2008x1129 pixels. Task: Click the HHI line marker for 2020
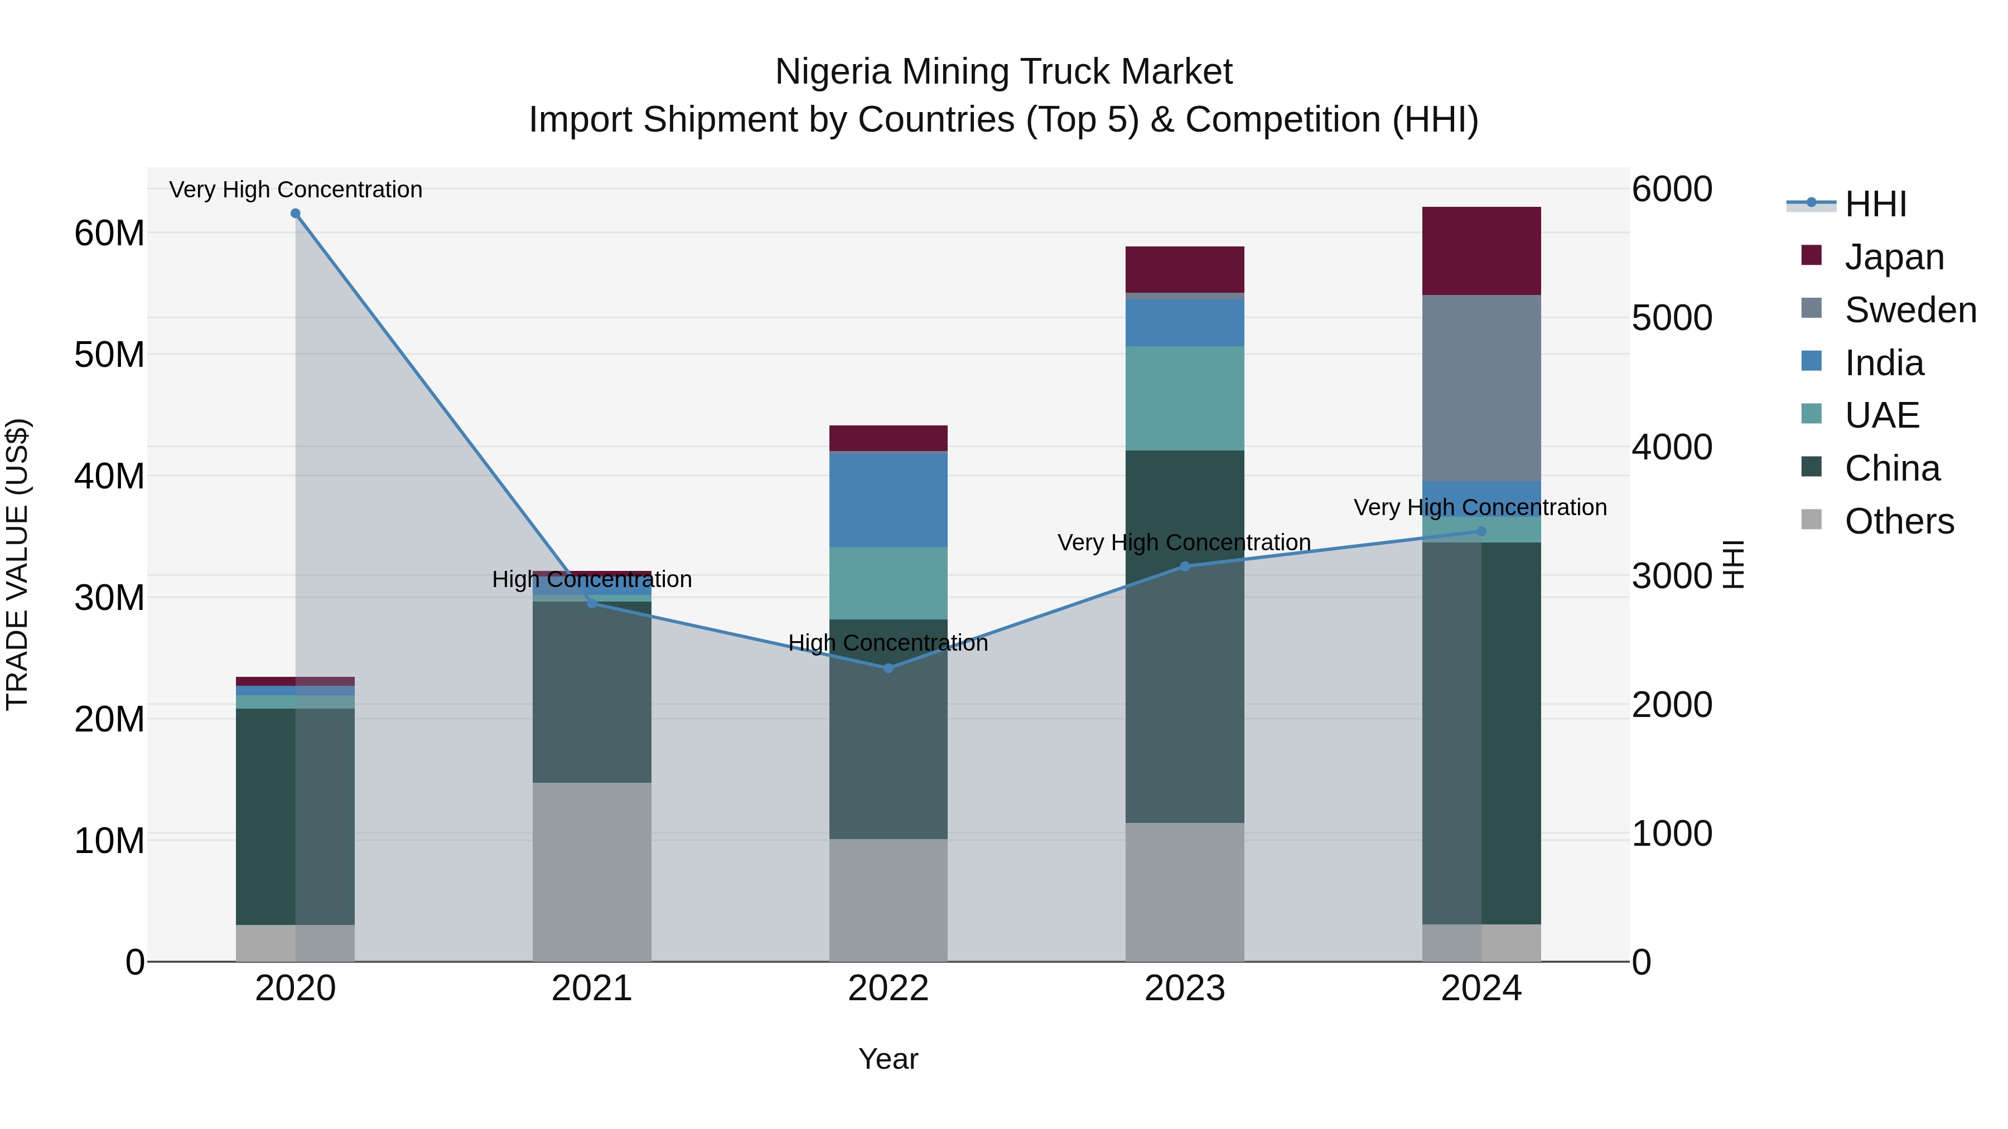[296, 214]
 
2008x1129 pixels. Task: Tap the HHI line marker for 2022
[888, 668]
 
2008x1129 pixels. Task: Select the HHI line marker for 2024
[1481, 531]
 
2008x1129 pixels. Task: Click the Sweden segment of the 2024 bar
[1481, 388]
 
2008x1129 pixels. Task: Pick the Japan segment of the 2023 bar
[1184, 270]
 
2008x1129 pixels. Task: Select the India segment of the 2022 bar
[888, 500]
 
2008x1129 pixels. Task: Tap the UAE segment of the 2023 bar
[1184, 398]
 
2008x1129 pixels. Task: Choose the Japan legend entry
[1894, 257]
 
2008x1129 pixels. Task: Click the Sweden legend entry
[1910, 310]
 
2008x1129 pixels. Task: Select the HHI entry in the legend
[1875, 204]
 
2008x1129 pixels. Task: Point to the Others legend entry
[1899, 521]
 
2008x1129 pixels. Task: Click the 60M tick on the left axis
[109, 233]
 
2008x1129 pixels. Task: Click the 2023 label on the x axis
[1184, 989]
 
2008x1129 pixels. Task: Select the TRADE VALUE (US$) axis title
[17, 564]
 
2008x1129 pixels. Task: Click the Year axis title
[888, 1059]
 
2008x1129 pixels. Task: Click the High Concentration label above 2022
[888, 643]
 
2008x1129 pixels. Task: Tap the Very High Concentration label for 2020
[296, 190]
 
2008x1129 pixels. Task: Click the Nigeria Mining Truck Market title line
[1003, 72]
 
